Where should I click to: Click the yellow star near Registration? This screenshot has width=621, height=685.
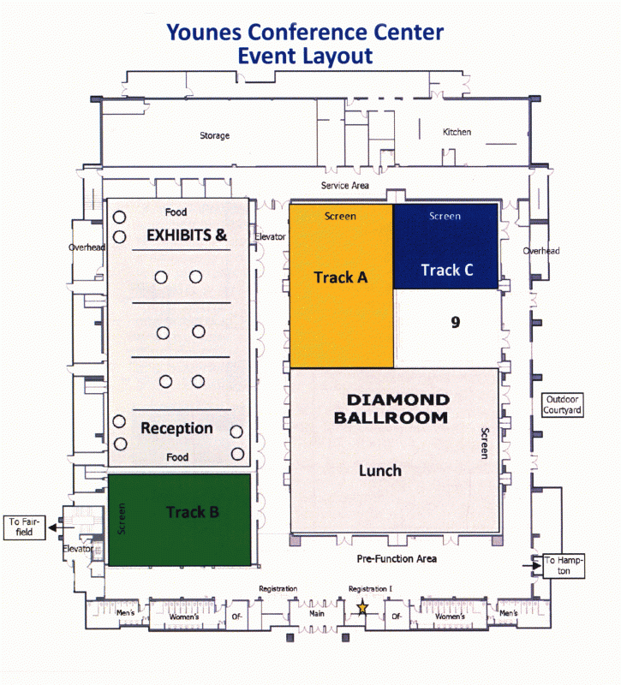click(362, 607)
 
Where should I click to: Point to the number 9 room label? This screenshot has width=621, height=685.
click(456, 322)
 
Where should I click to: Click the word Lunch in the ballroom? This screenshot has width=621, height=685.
click(379, 470)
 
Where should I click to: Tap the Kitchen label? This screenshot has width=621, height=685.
click(457, 132)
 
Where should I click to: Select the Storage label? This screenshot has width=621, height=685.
click(214, 136)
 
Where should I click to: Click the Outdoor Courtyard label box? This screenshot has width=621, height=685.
click(562, 405)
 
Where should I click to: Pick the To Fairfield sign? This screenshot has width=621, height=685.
click(24, 526)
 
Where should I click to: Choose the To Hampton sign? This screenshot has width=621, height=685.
click(564, 566)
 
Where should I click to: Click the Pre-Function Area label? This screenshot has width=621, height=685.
click(397, 558)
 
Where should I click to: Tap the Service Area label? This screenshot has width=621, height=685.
click(345, 185)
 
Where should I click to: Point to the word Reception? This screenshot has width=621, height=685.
click(176, 428)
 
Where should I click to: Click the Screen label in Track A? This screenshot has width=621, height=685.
click(340, 217)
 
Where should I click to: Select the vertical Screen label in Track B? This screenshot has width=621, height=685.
click(121, 519)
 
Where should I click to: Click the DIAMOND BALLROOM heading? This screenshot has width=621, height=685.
click(397, 408)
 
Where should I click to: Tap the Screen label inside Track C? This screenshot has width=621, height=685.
click(445, 217)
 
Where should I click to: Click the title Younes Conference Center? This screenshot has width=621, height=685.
click(306, 33)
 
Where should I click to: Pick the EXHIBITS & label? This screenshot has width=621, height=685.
click(187, 235)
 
